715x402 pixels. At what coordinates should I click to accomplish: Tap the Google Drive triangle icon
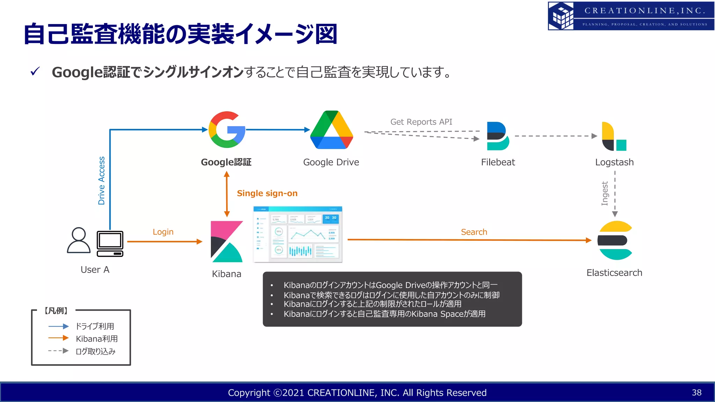pos(331,130)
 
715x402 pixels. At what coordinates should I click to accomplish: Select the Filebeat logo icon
pos(498,136)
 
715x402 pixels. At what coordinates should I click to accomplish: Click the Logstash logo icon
pos(614,136)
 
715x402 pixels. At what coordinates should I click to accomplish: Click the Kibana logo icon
pos(227,241)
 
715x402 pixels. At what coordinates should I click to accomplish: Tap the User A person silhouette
pos(79,240)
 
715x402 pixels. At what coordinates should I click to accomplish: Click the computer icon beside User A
pos(110,244)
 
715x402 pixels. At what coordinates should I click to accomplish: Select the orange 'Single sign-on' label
pos(267,193)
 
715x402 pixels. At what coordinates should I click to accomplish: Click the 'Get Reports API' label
pos(421,122)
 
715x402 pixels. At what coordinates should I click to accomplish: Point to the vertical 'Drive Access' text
pos(101,180)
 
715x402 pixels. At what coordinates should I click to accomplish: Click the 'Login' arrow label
pos(163,232)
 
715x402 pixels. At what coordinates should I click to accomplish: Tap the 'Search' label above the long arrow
pos(474,232)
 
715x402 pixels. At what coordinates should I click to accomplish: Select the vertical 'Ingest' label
pos(605,193)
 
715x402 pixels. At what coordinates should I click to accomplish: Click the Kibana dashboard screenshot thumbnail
pos(297,234)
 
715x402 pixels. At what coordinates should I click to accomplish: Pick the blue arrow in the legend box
pos(58,326)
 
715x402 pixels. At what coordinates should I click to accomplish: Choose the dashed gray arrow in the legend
pos(58,351)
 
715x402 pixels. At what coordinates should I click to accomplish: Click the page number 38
pos(696,393)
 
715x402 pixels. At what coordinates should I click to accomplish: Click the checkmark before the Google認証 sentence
pos(35,72)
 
